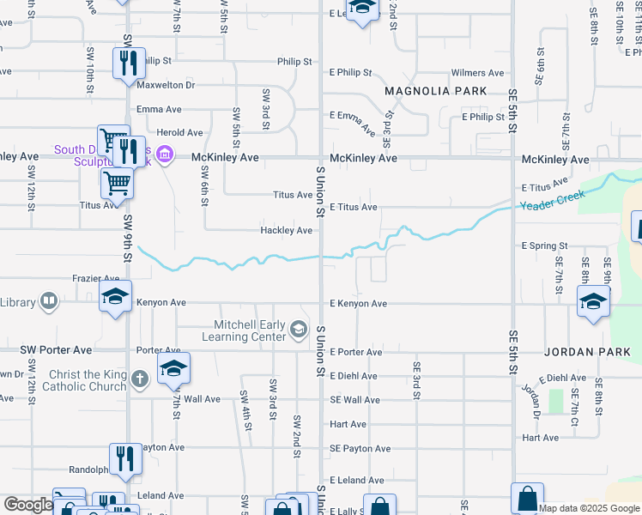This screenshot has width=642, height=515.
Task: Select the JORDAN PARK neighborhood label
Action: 587,352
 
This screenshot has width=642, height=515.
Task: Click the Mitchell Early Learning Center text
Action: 244,330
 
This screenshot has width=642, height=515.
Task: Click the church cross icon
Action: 141,378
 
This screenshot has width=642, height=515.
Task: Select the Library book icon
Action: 49,301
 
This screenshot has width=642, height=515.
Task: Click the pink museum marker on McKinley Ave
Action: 166,155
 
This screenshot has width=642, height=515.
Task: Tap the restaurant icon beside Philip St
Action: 129,63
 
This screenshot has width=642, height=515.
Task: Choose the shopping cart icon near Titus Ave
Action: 117,182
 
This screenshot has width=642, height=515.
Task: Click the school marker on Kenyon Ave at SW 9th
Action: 116,296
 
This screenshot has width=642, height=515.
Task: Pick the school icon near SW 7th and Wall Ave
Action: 173,368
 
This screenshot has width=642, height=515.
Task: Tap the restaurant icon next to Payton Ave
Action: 125,458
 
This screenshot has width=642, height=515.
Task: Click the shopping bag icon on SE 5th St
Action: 527,498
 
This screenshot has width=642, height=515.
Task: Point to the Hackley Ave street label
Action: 287,230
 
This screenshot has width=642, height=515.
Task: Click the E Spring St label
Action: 545,245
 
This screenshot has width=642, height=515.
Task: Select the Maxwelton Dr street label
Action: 166,85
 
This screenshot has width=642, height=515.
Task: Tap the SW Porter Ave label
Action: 56,350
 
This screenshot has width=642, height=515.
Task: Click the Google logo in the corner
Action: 27,505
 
